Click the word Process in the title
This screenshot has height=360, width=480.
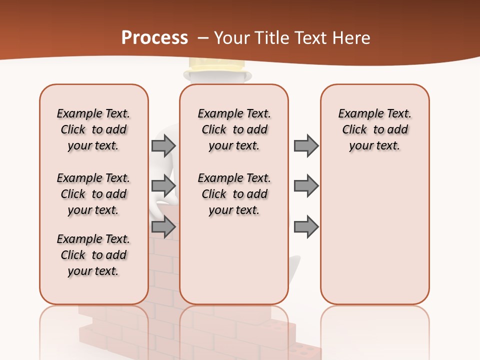154,38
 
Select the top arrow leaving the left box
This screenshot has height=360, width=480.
163,146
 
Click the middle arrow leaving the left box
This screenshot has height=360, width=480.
163,186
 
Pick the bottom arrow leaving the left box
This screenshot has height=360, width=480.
163,227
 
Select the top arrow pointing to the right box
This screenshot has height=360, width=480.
306,146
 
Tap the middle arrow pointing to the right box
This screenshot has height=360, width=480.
306,186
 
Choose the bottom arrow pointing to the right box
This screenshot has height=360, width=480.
306,227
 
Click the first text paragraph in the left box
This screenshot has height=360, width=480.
93,129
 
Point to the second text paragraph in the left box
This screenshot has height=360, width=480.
93,194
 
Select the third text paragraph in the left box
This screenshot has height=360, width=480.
93,255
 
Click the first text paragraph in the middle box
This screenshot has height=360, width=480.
234,129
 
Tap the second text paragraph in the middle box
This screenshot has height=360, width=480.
234,194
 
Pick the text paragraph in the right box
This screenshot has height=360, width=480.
374,129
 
